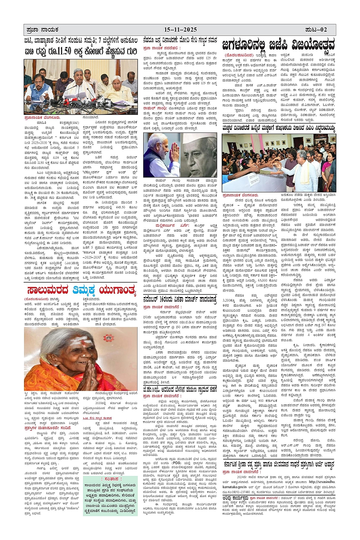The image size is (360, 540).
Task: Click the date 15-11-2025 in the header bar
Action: click(180, 30)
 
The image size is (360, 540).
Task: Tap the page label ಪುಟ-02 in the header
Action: click(316, 30)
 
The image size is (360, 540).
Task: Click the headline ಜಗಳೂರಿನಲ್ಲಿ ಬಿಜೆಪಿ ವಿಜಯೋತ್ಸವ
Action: click(278, 45)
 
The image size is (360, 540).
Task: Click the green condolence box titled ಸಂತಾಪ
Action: click(110, 495)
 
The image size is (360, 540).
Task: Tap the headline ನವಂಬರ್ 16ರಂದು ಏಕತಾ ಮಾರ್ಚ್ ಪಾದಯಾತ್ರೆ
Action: click(180, 299)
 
